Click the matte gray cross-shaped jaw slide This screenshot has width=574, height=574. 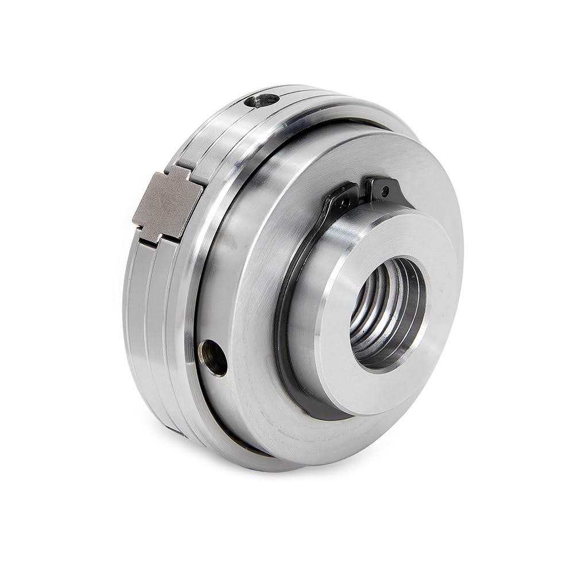click(x=166, y=204)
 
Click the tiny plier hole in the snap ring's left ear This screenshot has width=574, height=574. click(x=346, y=201)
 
